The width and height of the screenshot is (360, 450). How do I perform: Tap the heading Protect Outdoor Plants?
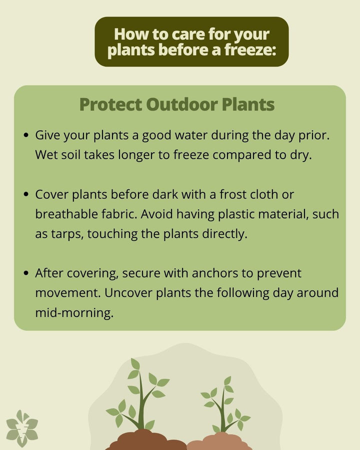click(177, 104)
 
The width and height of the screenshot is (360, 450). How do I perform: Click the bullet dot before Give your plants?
click(26, 135)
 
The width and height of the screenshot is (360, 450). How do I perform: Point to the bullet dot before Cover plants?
click(26, 194)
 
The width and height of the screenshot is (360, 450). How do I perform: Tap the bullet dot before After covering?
click(26, 273)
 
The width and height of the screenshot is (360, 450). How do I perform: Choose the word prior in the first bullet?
click(318, 135)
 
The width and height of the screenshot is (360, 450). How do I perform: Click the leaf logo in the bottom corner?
click(22, 428)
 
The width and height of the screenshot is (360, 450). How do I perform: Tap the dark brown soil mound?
click(145, 441)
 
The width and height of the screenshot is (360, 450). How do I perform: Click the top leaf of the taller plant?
click(135, 364)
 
